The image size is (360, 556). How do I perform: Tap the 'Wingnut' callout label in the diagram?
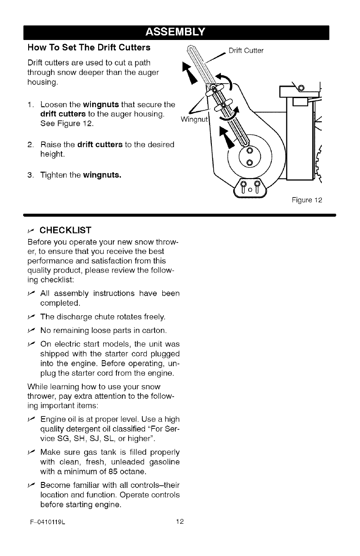[x=194, y=120]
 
